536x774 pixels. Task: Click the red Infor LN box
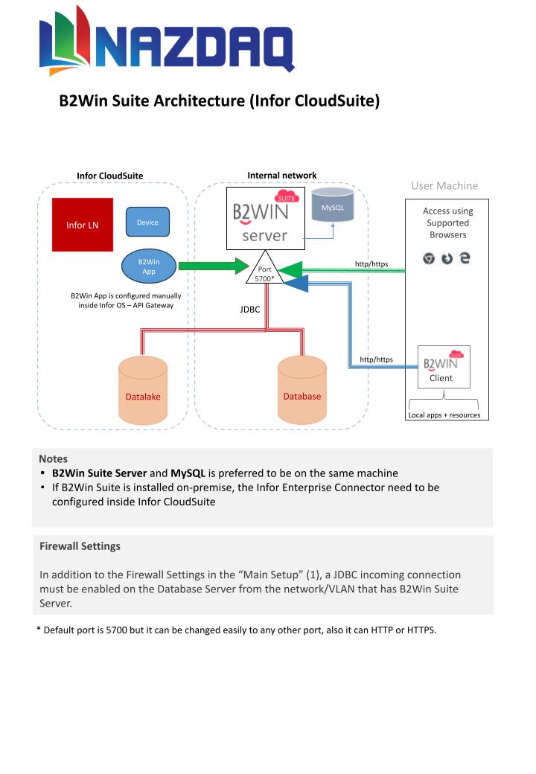83,225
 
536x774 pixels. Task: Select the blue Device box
147,222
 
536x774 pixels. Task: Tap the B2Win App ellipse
149,266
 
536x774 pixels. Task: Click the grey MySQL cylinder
333,205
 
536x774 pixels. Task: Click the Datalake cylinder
143,391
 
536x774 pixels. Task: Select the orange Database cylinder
302,391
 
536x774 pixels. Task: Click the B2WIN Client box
444,367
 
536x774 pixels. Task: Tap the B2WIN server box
266,218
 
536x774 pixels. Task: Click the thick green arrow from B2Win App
214,266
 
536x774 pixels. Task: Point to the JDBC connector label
249,310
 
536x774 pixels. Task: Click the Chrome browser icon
428,258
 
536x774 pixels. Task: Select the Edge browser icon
465,258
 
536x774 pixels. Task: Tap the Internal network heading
282,175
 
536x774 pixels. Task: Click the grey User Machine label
444,185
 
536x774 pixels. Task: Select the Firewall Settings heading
80,546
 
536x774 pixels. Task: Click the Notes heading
54,458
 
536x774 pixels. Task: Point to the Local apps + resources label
444,415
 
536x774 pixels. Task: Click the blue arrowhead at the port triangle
296,284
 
